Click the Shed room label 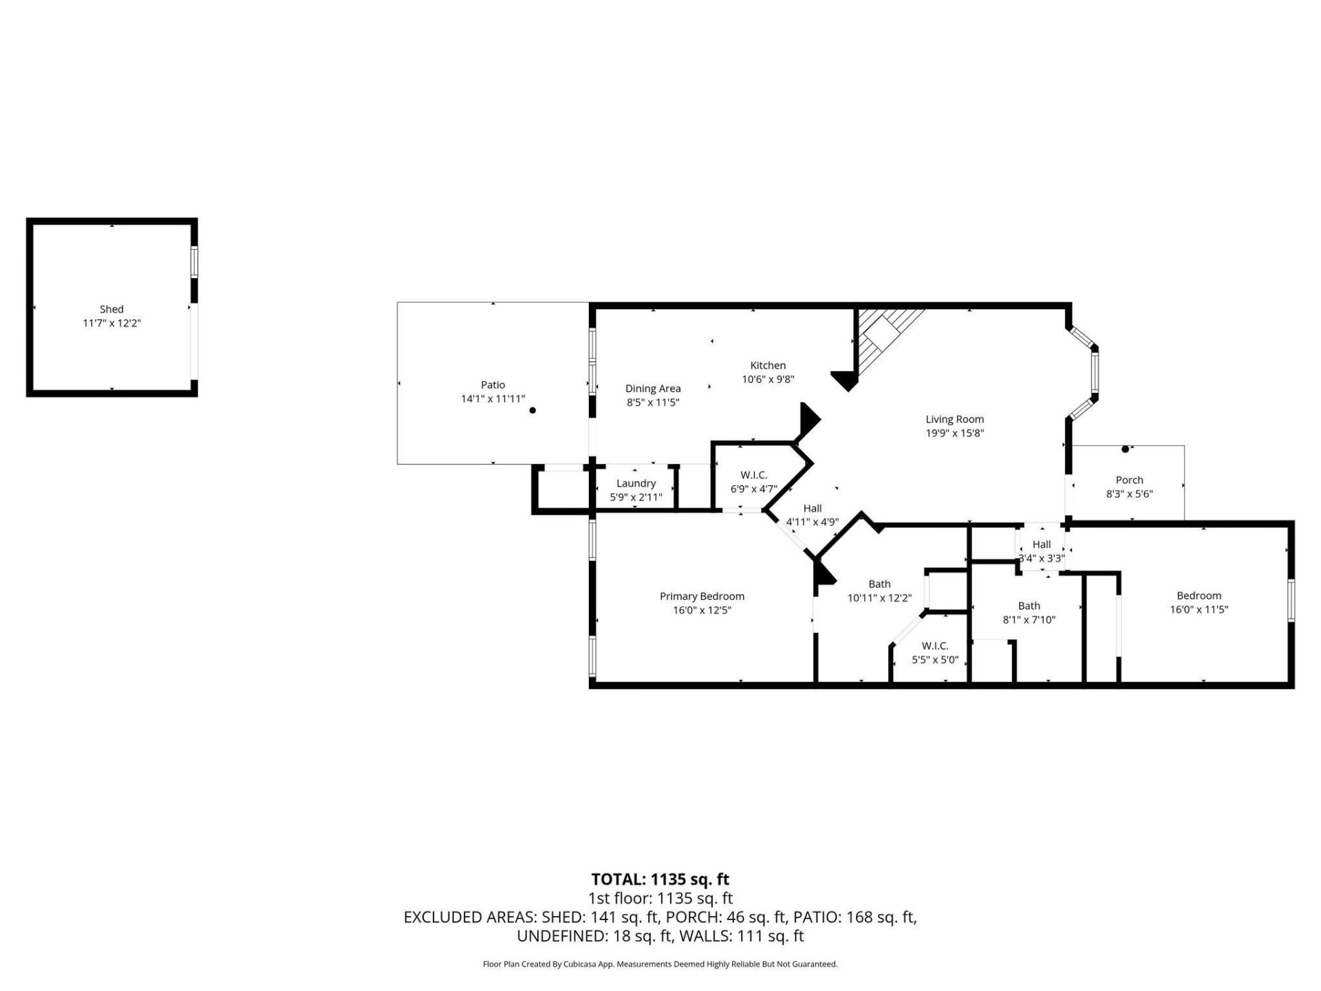[111, 310]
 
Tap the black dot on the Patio [533, 410]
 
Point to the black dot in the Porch [1126, 449]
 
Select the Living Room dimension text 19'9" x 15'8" [955, 433]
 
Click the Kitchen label [768, 365]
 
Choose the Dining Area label [653, 389]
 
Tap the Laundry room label [636, 484]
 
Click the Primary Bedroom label [702, 597]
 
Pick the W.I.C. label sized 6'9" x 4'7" [754, 476]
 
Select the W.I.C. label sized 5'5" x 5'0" [935, 646]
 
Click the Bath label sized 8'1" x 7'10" [1029, 606]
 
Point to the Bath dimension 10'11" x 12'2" [880, 598]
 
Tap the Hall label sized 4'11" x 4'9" [813, 509]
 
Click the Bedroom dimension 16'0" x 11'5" [1199, 609]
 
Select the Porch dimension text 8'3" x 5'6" [1130, 493]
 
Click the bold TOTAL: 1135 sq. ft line [660, 880]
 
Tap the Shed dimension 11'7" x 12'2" [112, 323]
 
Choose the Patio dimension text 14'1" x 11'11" [493, 398]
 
